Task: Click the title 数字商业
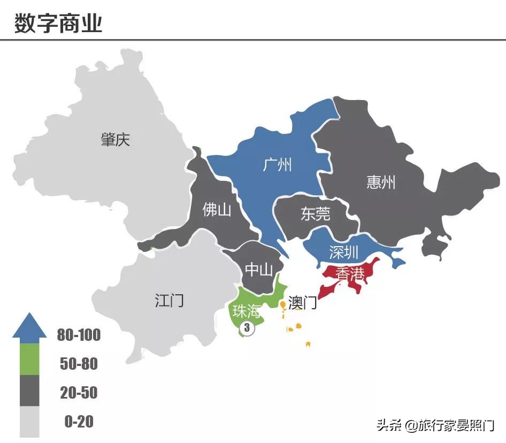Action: tap(58, 23)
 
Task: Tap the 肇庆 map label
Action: tap(115, 140)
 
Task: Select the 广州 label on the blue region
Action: tap(278, 164)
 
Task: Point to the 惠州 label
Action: tap(381, 182)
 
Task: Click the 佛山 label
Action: tap(217, 210)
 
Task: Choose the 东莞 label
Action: tap(315, 215)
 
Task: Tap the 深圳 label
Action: tap(343, 252)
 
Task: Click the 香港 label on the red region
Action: tap(350, 274)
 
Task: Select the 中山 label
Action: tap(259, 270)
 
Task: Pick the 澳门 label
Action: tap(302, 303)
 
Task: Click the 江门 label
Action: tap(169, 300)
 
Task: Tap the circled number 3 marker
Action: tap(247, 329)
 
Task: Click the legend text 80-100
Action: tap(79, 335)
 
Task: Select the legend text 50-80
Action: tap(79, 364)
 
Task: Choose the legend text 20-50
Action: tap(79, 393)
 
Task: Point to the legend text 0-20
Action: tap(79, 422)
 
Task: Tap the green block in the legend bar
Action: tap(29, 358)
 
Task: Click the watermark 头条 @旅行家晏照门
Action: tap(435, 426)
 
